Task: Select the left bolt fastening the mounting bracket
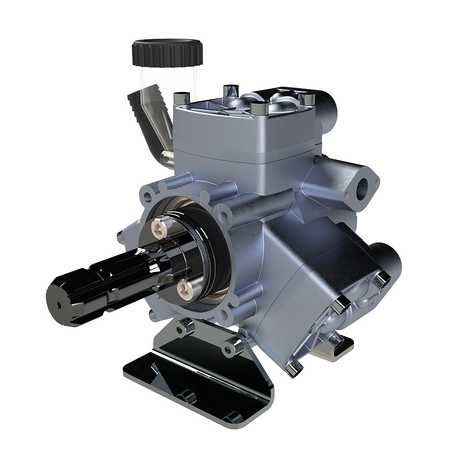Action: (186, 327)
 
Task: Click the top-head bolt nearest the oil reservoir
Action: (181, 98)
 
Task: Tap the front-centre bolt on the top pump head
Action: (257, 109)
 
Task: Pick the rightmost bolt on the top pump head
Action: (305, 99)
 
